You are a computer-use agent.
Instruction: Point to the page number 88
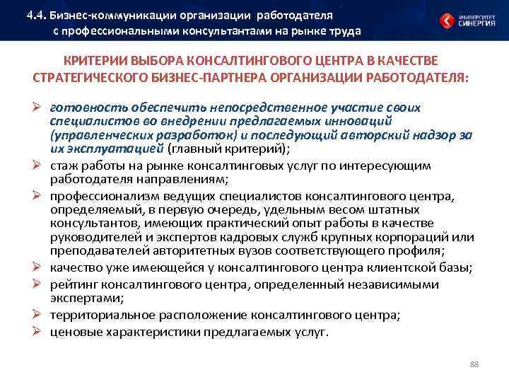pyautogui.click(x=474, y=364)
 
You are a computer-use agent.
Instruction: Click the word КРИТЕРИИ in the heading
pyautogui.click(x=93, y=62)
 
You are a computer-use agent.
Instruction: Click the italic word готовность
pyautogui.click(x=78, y=108)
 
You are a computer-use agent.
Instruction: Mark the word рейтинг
pyautogui.click(x=73, y=284)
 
